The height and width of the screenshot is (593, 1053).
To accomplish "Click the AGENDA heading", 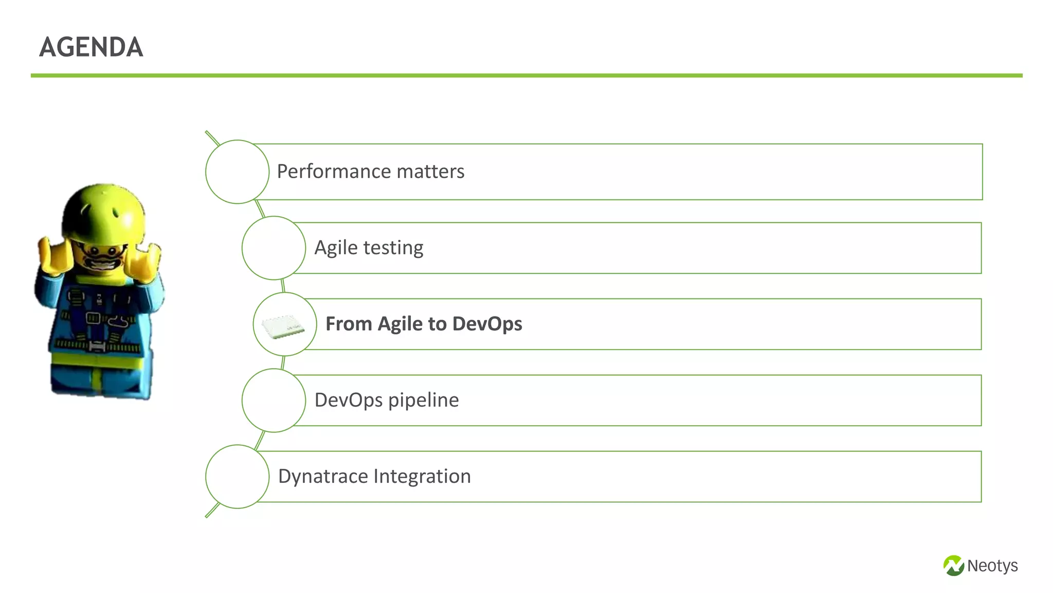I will pos(91,47).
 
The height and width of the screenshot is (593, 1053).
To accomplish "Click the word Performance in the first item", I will pos(332,171).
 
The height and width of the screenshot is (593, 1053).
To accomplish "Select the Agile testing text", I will pos(369,248).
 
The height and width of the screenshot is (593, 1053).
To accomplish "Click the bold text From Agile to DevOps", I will pos(424,324).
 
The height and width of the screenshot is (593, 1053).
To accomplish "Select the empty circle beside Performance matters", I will pos(237,171).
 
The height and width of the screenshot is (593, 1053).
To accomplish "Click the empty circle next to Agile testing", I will pos(274,248).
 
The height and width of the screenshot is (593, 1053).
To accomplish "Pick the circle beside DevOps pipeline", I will pos(274,400).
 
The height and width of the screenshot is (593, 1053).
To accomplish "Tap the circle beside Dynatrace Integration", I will pos(237,476).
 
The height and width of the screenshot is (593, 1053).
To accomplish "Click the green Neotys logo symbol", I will pos(953,565).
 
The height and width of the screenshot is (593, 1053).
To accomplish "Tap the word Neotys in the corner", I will pos(992,566).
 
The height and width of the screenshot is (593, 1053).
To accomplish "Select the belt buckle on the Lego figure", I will pos(97,346).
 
